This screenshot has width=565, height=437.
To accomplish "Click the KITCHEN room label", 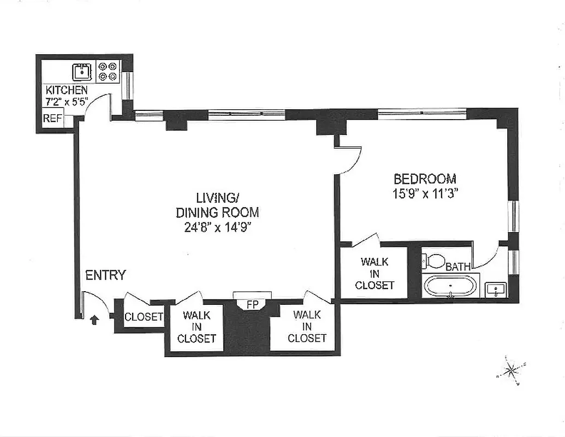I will tap(66, 90).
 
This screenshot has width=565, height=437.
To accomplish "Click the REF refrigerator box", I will tap(53, 118).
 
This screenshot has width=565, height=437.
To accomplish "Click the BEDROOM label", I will tap(425, 179).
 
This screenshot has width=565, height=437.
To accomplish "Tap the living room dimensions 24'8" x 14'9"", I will tap(217, 227).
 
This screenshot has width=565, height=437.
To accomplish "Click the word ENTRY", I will tap(105, 275).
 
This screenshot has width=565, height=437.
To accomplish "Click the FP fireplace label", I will tap(252, 305).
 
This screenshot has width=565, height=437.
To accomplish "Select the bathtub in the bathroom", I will tap(450, 286).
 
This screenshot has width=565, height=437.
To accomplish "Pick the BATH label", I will tap(458, 267).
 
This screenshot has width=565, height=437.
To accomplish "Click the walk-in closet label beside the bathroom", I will tap(374, 274).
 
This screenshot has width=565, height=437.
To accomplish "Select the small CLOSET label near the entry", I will tap(144, 317).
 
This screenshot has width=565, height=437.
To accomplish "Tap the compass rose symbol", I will tap(510, 371).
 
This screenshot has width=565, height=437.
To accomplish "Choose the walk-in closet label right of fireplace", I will tap(307, 326).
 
